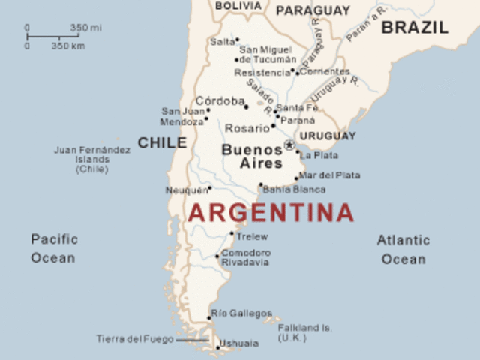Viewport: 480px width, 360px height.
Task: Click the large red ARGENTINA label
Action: [x=271, y=212]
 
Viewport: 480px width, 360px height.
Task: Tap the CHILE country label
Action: [x=162, y=142]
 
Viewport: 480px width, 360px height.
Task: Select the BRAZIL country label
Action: [x=415, y=28]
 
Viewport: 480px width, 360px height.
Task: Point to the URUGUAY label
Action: [x=328, y=136]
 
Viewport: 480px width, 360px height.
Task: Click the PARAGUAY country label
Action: [x=313, y=10]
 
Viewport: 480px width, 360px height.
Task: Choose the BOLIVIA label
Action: [x=238, y=5]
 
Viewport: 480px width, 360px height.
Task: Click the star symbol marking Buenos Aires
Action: [x=289, y=145]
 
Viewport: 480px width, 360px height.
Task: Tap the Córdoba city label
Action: [x=220, y=100]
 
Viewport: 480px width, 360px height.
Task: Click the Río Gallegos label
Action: [x=241, y=313]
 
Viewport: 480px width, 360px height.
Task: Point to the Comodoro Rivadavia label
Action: [x=246, y=257]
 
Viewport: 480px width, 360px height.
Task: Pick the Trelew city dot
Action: [x=232, y=233]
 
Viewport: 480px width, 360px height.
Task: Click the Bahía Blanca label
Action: [x=294, y=190]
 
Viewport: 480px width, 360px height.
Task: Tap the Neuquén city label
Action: [x=185, y=190]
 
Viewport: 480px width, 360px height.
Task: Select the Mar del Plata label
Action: [x=329, y=175]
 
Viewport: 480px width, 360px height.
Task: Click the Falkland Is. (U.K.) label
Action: [x=304, y=333]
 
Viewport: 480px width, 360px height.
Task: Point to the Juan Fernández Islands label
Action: [x=92, y=159]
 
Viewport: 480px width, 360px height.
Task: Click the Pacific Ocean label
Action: [x=53, y=248]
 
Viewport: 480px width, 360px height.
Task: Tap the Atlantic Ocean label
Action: [x=403, y=250]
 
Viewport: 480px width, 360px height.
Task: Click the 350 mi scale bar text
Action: [x=85, y=28]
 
